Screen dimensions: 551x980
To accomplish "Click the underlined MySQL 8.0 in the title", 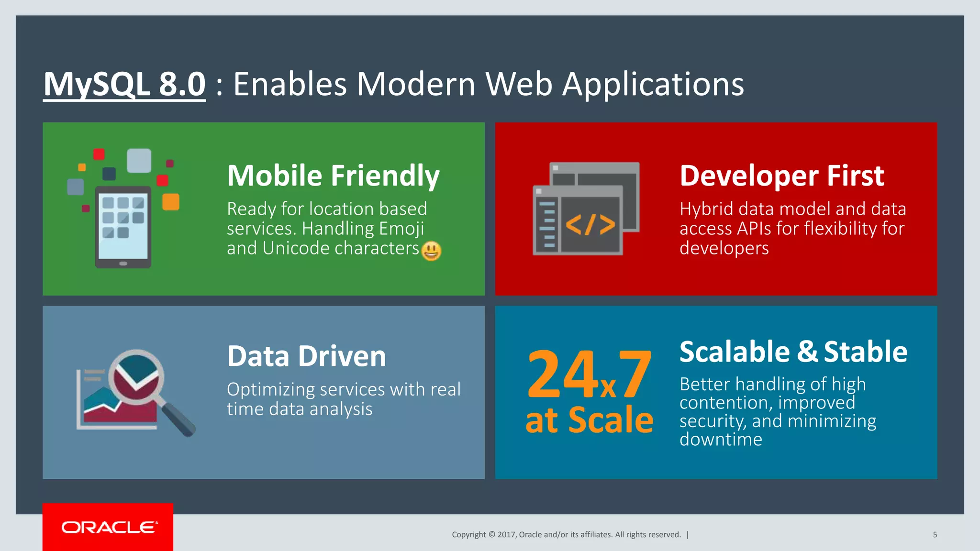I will coord(124,84).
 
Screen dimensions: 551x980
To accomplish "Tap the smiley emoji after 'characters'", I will coord(431,251).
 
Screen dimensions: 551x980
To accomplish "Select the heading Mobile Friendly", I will coord(333,176).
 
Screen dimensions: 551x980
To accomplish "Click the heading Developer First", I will coord(781,176).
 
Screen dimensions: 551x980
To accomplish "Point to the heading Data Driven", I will coord(306,356).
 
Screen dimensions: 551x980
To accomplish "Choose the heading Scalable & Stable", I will coord(793,352).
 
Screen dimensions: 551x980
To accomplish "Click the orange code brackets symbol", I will coord(590,224).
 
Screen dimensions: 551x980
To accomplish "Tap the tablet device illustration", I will coord(123,226).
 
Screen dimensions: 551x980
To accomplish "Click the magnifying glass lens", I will coord(136,377).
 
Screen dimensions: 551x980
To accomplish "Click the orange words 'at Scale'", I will coord(589,420).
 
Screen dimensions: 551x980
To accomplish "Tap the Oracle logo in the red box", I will coord(109,527).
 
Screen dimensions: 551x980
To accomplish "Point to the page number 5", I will coord(935,535).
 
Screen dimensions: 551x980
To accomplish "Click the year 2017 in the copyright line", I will coord(507,535).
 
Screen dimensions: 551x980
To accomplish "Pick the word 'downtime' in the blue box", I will coord(721,439).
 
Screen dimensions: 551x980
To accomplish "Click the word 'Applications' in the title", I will coord(653,84).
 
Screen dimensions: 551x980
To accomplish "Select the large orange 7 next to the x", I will coord(635,374).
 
